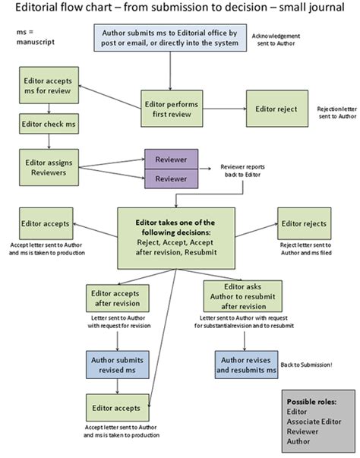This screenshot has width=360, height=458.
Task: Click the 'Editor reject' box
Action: (276, 109)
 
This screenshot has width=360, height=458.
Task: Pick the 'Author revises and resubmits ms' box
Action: (245, 365)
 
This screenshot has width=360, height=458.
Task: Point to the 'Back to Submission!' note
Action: (311, 365)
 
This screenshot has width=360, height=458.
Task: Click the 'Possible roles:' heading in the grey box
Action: (311, 401)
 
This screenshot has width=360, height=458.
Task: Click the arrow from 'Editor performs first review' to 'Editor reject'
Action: (223, 109)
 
